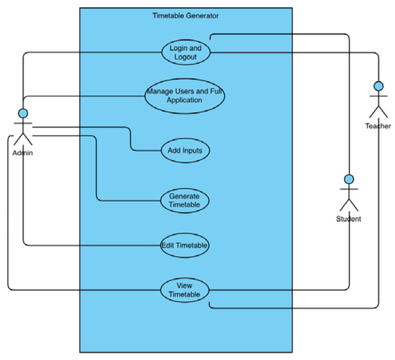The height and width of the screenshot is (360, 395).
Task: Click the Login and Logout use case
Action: click(185, 52)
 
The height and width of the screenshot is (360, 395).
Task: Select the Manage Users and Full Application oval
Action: click(185, 96)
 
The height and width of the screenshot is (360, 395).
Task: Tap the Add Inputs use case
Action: click(185, 151)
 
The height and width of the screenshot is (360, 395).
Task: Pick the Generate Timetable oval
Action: click(185, 200)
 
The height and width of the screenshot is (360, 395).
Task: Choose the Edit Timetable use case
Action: click(185, 245)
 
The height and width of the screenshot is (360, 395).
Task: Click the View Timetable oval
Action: click(185, 290)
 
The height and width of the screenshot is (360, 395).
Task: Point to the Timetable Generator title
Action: click(186, 15)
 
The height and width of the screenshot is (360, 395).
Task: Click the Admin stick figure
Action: click(23, 129)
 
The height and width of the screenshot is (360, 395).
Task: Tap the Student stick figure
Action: click(348, 193)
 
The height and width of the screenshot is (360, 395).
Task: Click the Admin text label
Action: click(23, 154)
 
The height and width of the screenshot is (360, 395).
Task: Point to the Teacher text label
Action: click(377, 126)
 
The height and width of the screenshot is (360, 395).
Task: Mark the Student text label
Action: click(348, 218)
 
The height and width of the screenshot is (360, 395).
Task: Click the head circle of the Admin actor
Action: click(23, 113)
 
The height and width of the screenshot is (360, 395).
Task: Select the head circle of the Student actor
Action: click(348, 178)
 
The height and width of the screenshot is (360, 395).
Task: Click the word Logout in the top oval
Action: click(185, 57)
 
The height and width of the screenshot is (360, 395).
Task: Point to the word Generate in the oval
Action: click(185, 196)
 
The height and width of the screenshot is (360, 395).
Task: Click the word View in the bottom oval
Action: click(185, 285)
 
